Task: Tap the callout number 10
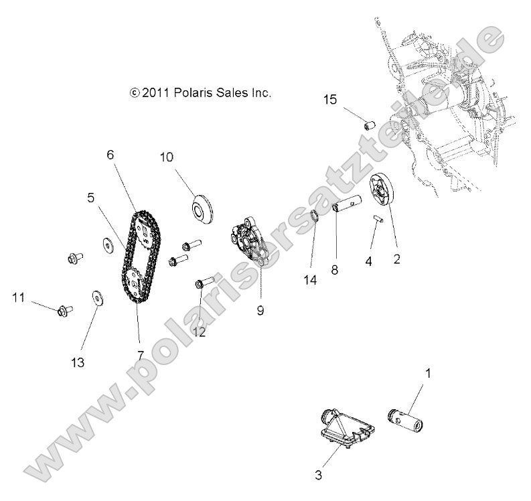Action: tap(166, 157)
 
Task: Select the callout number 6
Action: tap(110, 155)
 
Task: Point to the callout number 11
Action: tap(17, 296)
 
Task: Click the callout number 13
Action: tap(78, 362)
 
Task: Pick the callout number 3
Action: tap(319, 476)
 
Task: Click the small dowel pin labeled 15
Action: tap(368, 125)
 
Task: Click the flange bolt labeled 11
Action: tap(63, 310)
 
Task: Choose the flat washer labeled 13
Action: tap(96, 298)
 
